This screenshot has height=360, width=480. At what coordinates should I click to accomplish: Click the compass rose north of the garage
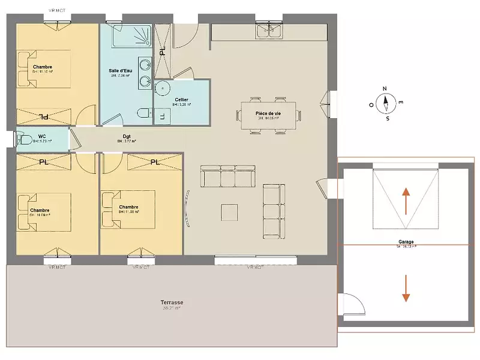pyautogui.click(x=386, y=103)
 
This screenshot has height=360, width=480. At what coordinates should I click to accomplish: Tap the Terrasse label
pyautogui.click(x=172, y=302)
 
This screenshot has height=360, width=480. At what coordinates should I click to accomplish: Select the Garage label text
pyautogui.click(x=406, y=242)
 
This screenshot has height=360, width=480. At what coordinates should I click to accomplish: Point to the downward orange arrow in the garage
pyautogui.click(x=406, y=287)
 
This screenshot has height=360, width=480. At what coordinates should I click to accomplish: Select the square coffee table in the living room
pyautogui.click(x=229, y=212)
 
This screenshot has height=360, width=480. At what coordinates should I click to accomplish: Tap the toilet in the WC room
pyautogui.click(x=25, y=139)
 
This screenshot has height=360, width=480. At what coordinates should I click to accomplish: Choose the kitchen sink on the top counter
pyautogui.click(x=269, y=30)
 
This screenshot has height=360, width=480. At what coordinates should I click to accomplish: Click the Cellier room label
pyautogui.click(x=181, y=100)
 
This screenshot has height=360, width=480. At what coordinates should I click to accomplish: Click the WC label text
pyautogui.click(x=42, y=137)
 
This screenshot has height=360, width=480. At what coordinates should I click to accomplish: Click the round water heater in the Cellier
pyautogui.click(x=163, y=89)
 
